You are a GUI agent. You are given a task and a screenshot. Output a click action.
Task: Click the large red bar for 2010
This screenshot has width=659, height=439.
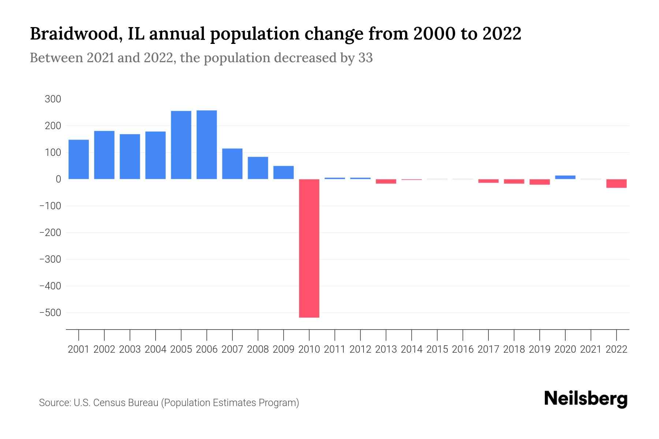click(x=309, y=248)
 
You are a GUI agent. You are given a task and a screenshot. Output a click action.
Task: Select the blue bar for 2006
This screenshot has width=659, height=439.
click(x=206, y=145)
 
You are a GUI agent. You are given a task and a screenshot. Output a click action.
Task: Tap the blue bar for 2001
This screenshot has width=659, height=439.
click(x=79, y=159)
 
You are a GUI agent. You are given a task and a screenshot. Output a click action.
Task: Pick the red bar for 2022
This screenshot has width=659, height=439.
click(x=617, y=183)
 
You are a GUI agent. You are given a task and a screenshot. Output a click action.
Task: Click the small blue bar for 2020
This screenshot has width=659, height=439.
click(x=565, y=177)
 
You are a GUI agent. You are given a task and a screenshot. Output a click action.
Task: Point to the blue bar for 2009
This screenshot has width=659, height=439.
click(x=283, y=172)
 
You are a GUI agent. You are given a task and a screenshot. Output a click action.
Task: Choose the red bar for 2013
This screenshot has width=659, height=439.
click(x=386, y=181)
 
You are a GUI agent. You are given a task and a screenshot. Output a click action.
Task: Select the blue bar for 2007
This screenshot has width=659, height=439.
click(x=232, y=164)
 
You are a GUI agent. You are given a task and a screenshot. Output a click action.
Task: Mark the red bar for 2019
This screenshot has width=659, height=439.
click(x=540, y=182)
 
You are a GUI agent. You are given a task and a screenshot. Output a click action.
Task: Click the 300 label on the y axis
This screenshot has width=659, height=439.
click(x=53, y=99)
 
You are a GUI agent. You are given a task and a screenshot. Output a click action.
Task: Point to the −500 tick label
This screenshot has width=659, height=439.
click(x=50, y=313)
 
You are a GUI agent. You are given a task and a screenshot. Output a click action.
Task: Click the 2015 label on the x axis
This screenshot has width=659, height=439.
click(x=437, y=349)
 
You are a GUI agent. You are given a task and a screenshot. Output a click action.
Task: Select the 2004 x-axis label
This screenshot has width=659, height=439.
click(x=155, y=349)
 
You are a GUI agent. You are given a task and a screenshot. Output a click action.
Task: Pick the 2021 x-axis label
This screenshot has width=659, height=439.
click(x=591, y=349)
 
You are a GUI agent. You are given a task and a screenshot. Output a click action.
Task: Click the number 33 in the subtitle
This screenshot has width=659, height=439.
click(x=365, y=58)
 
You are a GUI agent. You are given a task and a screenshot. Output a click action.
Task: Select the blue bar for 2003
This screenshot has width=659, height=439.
click(x=130, y=156)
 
